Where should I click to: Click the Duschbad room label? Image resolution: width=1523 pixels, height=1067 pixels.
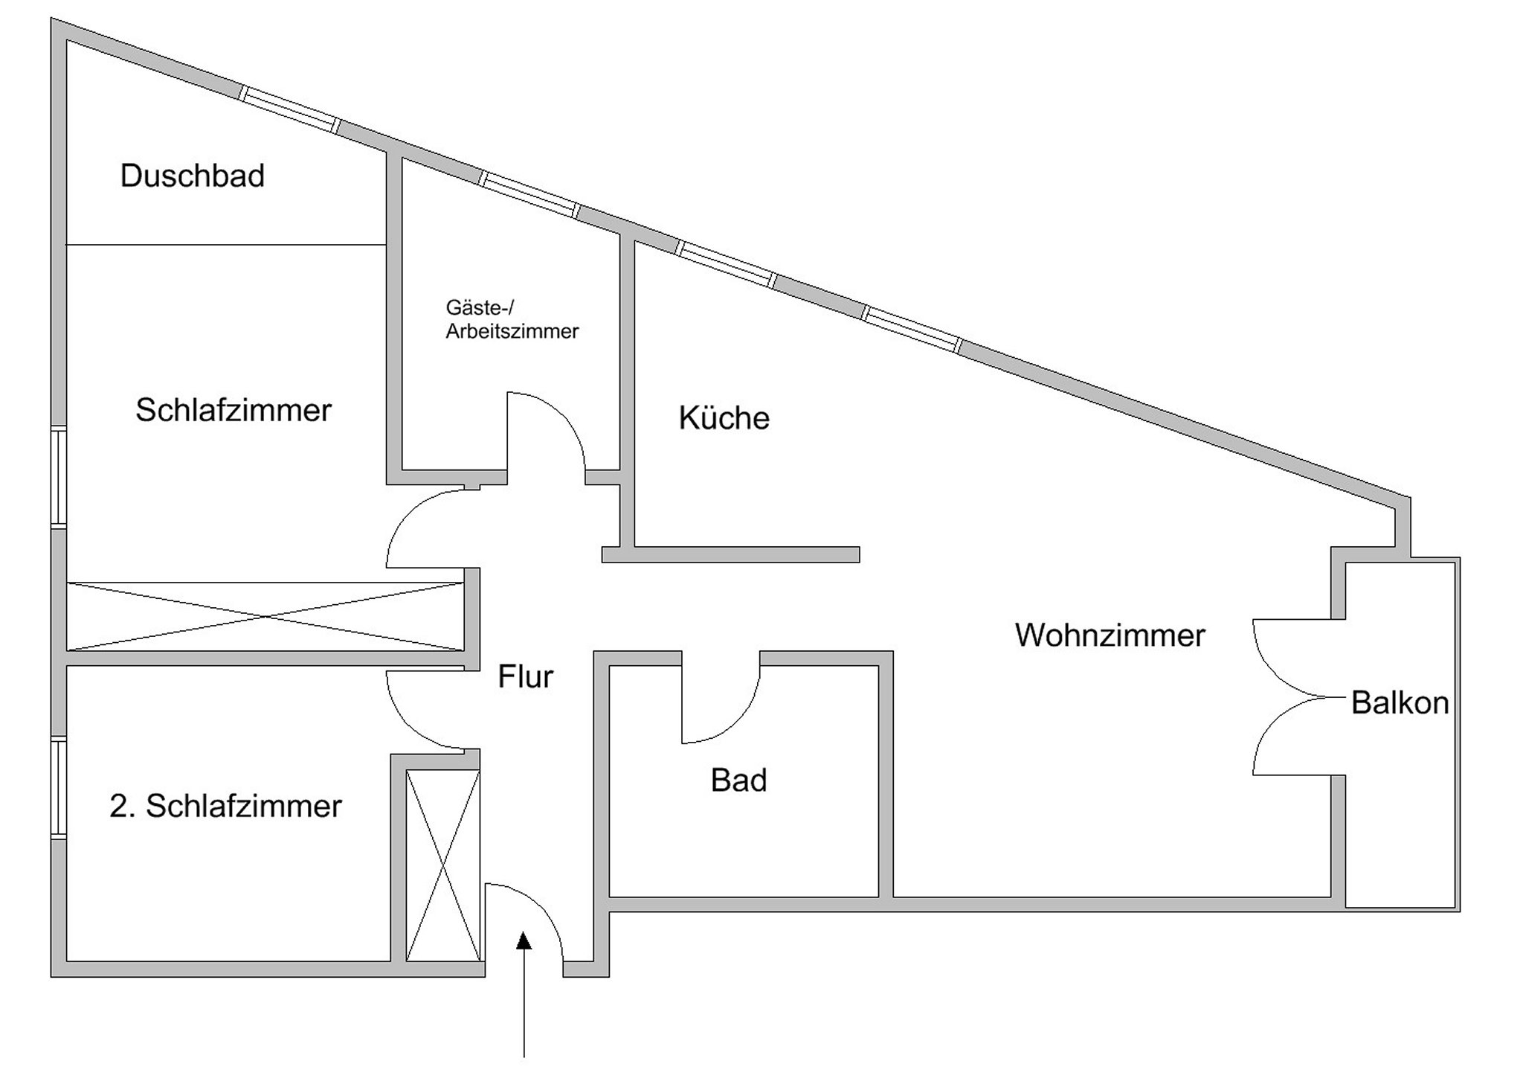pyautogui.click(x=193, y=176)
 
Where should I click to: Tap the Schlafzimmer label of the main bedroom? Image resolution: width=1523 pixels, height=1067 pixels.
pyautogui.click(x=234, y=410)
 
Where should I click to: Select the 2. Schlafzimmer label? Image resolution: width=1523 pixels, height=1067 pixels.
pyautogui.click(x=225, y=806)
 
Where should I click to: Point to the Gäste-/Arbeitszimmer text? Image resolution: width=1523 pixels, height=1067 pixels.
pyautogui.click(x=512, y=319)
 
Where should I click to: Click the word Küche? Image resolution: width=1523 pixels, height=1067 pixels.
pyautogui.click(x=724, y=417)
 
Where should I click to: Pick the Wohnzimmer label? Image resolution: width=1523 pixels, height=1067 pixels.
pyautogui.click(x=1110, y=635)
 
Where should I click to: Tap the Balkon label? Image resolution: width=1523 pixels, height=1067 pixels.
pyautogui.click(x=1400, y=703)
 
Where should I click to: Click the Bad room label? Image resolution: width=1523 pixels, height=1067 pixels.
pyautogui.click(x=738, y=781)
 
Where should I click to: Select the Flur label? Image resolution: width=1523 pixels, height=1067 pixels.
pyautogui.click(x=525, y=677)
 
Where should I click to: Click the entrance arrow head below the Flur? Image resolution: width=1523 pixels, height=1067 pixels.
pyautogui.click(x=524, y=941)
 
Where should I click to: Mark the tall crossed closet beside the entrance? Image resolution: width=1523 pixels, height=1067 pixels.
pyautogui.click(x=443, y=865)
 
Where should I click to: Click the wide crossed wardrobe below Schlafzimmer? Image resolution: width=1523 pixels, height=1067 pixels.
pyautogui.click(x=265, y=616)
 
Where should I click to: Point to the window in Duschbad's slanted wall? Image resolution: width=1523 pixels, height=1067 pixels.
pyautogui.click(x=290, y=110)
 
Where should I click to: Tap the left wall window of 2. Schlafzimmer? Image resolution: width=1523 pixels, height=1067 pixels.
pyautogui.click(x=59, y=788)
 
